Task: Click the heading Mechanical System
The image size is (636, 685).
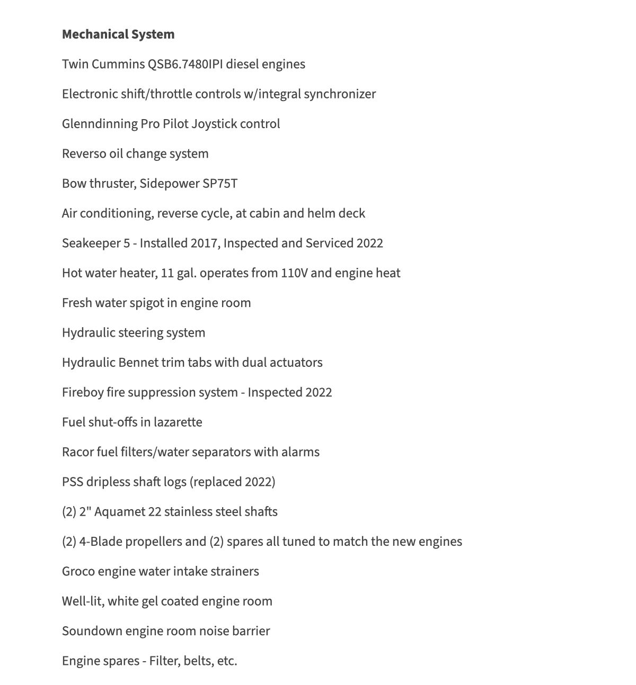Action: tap(118, 34)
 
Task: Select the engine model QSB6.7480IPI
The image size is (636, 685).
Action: tap(185, 65)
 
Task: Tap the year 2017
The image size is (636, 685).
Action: tap(203, 243)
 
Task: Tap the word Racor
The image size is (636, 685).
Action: tap(77, 452)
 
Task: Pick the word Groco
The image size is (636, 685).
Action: tap(78, 572)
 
